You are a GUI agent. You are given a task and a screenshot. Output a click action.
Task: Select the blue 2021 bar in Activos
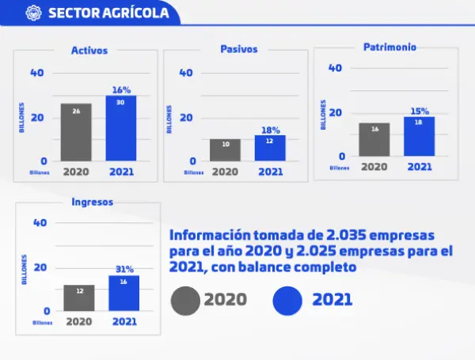pos(121,128)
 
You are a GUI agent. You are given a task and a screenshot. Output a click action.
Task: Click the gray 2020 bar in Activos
pos(76,132)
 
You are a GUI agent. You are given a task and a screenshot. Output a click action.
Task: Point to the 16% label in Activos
pos(121,90)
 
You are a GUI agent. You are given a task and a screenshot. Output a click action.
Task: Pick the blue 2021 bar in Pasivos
pos(270,148)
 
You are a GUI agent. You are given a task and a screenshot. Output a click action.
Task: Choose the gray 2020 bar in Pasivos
pos(225,150)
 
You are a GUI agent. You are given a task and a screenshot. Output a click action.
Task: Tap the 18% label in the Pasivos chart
pos(270,130)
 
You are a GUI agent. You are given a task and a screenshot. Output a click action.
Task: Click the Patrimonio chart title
pos(389,47)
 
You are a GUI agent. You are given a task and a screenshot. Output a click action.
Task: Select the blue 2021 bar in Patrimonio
pos(419,136)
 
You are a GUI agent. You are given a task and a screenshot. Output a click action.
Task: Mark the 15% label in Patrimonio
pos(419,111)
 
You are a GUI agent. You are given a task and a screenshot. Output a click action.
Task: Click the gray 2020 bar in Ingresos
pos(79,297)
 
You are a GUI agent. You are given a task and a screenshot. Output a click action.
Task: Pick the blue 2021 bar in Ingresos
pos(123,293)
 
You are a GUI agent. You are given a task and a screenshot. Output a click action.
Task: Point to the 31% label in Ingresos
pos(124,269)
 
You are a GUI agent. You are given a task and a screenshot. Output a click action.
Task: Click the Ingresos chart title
pos(92,202)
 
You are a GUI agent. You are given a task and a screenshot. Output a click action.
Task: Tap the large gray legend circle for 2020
pos(185,300)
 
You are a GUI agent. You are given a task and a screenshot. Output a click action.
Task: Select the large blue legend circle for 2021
pos(287,300)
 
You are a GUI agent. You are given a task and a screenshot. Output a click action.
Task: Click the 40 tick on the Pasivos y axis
pos(187,73)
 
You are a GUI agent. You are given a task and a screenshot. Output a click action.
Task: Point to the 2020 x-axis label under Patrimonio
pos(374,167)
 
